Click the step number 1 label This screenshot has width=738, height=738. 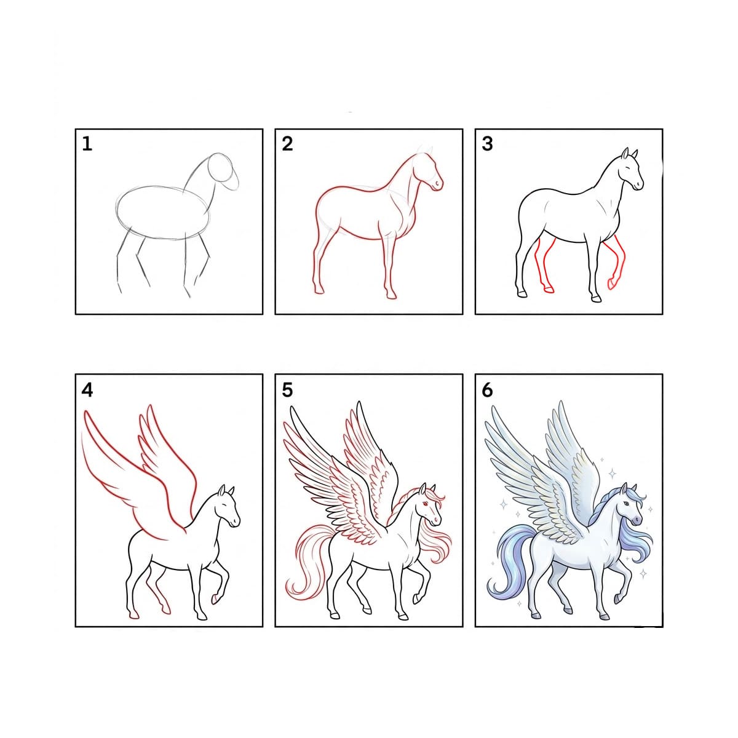point(87,144)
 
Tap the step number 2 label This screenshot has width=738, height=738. point(287,144)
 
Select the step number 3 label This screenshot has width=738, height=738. point(487,144)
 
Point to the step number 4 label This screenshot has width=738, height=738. point(87,390)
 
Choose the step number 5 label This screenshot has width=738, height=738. point(287,390)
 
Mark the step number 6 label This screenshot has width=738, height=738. point(487,390)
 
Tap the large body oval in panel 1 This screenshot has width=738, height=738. point(163,212)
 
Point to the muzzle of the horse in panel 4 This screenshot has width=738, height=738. point(234,521)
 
